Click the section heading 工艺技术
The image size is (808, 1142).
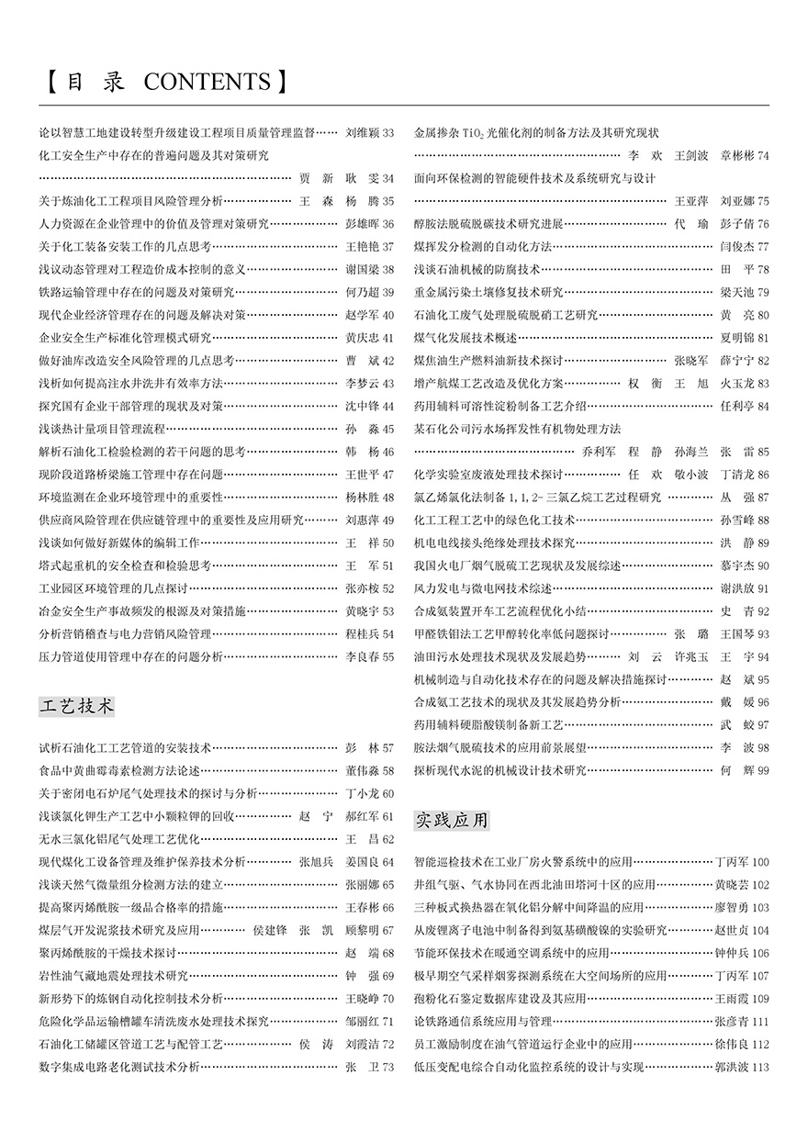tap(78, 706)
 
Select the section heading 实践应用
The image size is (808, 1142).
tap(452, 819)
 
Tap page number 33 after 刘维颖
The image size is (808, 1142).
tap(387, 134)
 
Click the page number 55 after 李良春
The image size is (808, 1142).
tap(387, 656)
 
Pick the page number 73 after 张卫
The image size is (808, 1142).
tap(387, 1067)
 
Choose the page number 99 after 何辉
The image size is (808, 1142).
tap(763, 770)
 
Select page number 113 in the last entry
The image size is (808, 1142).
tap(760, 1067)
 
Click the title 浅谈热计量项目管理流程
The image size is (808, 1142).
tap(102, 429)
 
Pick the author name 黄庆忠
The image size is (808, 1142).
tap(362, 338)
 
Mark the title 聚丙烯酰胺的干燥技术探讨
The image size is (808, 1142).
tap(107, 953)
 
